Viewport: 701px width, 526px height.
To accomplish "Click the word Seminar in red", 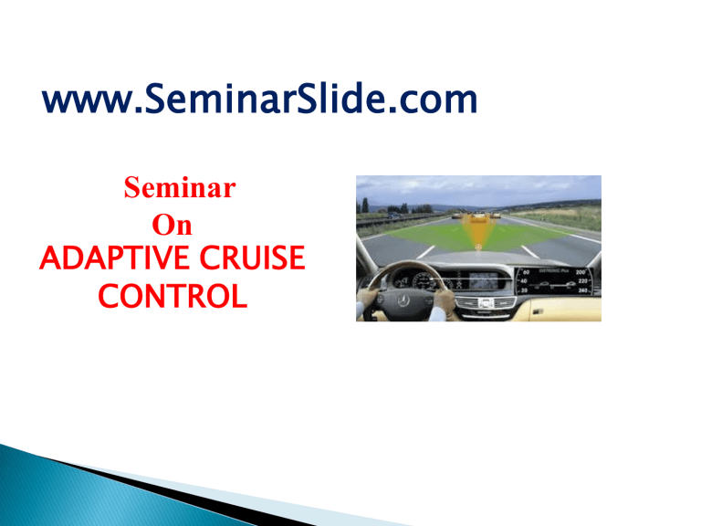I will (179, 191).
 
